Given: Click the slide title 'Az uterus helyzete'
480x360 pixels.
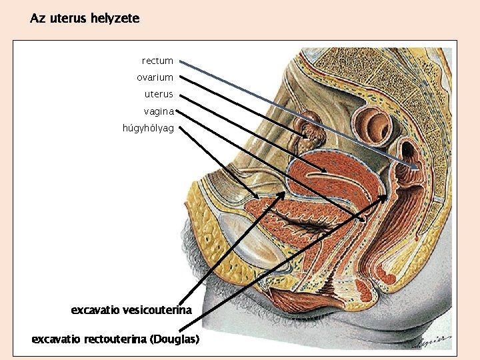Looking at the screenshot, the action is pos(85,19).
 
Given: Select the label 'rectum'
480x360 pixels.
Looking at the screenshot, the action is pos(157,61).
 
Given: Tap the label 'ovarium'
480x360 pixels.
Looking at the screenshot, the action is pos(155,78).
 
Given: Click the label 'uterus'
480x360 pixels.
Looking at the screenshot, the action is pos(159,94).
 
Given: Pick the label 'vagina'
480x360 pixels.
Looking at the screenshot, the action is pos(158,111).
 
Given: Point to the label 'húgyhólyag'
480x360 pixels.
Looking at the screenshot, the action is pos(148,128).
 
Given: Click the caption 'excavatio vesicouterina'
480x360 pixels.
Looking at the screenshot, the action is pos(131,310).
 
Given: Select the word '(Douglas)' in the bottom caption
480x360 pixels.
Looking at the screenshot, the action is pos(175,339).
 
